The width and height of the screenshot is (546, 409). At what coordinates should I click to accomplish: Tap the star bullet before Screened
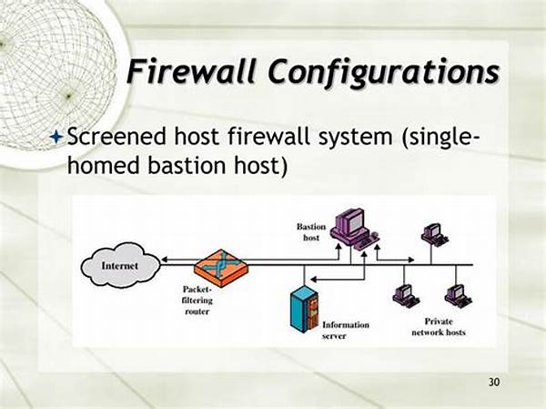point(56,137)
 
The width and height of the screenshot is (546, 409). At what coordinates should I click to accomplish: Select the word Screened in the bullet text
point(116,136)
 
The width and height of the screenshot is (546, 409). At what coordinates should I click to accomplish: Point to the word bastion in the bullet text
point(186,165)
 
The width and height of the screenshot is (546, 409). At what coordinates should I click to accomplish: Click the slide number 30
point(494,383)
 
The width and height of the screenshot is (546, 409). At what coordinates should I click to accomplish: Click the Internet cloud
point(120,265)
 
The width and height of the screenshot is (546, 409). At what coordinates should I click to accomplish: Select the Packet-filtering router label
point(197,301)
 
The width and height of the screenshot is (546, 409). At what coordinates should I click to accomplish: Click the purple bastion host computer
point(354,228)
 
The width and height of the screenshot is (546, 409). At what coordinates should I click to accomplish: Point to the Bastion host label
point(311,232)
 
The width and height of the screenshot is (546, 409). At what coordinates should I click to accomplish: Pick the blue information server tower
point(304,309)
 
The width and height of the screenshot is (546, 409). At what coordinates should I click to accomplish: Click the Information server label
point(346,330)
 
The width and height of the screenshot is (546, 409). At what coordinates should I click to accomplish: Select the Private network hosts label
point(439,327)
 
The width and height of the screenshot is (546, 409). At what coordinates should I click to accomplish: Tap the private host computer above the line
point(434,234)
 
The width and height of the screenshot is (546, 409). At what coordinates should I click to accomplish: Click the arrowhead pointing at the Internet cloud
point(165,260)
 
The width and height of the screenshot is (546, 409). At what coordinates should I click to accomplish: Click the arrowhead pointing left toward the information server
point(313,280)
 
